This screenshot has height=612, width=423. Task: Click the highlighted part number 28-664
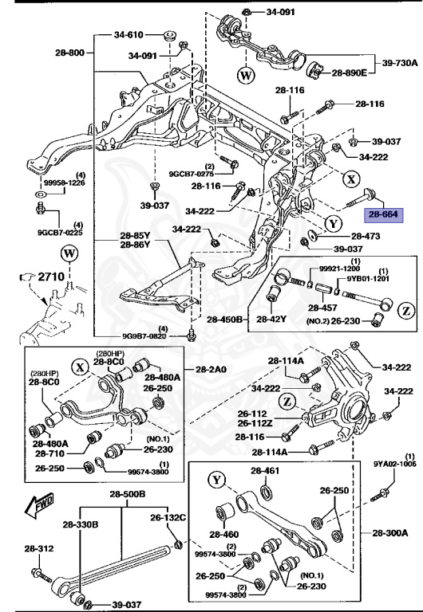tap(381, 214)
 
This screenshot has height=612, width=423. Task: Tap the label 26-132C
tap(169, 517)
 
